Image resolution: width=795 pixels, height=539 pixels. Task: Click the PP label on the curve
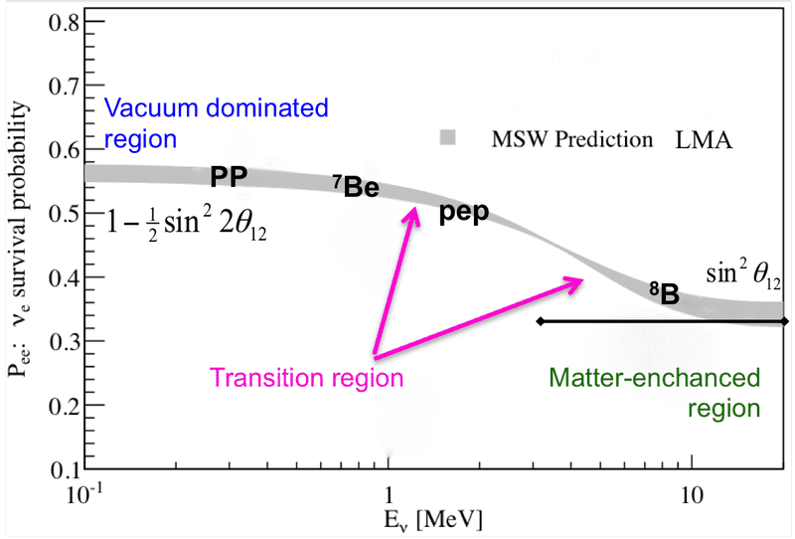tap(229, 178)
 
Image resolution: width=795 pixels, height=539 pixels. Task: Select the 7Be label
tap(355, 186)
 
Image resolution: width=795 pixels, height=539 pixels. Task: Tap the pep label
tap(465, 213)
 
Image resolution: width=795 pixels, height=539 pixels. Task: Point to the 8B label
tap(665, 292)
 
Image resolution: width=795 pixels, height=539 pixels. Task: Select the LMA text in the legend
tap(704, 140)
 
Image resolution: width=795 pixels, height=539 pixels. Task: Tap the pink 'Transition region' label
tap(305, 377)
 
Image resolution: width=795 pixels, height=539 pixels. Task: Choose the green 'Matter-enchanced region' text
tap(653, 393)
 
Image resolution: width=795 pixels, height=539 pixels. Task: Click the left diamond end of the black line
tap(540, 321)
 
